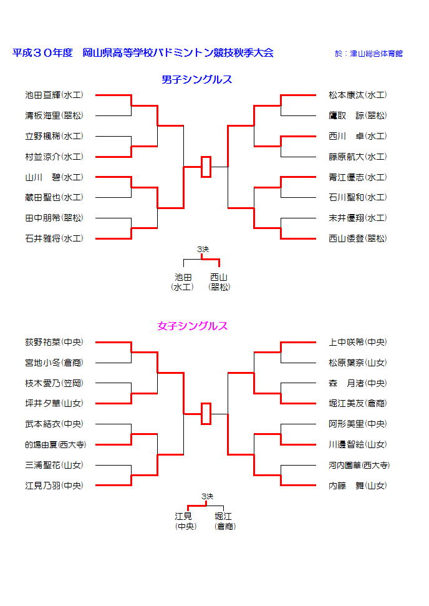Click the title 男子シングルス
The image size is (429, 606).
pos(196,80)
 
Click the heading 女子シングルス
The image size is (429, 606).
pos(192,326)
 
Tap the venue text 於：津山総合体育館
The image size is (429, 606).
pos(369,54)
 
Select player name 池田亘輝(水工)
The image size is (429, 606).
pos(54,95)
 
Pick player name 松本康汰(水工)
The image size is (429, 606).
pos(357,95)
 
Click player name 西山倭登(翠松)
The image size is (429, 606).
pos(357,238)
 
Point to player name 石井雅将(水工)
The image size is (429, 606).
pos(54,238)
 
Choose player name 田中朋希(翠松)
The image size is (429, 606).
pos(54,218)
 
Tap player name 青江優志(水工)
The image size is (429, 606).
pos(357,177)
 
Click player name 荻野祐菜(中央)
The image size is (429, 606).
pos(54,343)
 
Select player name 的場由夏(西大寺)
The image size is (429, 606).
pos(55,445)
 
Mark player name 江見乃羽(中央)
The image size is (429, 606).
pos(54,486)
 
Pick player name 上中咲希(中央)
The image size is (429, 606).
pos(357,343)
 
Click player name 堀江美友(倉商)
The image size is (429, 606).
pos(357,404)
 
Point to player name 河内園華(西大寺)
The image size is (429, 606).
pos(359,466)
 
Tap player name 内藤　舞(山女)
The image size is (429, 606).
pos(357,486)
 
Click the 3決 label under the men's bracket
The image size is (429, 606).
pos(203,250)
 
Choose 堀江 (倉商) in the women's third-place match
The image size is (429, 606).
pos(224,521)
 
